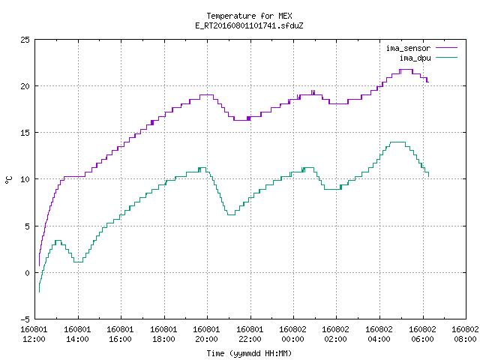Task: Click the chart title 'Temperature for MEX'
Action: tap(249, 16)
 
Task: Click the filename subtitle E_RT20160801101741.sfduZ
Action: tap(249, 25)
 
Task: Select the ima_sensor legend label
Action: tap(408, 48)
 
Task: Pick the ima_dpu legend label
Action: tap(415, 58)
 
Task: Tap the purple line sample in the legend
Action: tap(447, 48)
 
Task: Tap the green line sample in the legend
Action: tap(447, 57)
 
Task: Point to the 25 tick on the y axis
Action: tap(25, 40)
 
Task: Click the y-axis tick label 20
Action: tap(25, 86)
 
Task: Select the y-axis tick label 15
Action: tap(25, 133)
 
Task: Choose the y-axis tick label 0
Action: tap(27, 273)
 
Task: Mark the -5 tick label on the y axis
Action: tap(25, 319)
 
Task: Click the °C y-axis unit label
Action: tap(8, 180)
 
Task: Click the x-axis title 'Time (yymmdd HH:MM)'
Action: tap(249, 353)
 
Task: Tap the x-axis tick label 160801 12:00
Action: tap(34, 334)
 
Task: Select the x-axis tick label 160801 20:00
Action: tap(207, 334)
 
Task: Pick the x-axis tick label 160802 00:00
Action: tap(293, 334)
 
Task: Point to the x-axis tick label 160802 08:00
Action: tap(465, 334)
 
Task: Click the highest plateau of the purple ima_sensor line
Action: tap(406, 70)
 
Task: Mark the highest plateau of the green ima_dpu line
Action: tap(397, 142)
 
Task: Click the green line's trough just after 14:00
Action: tap(78, 262)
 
